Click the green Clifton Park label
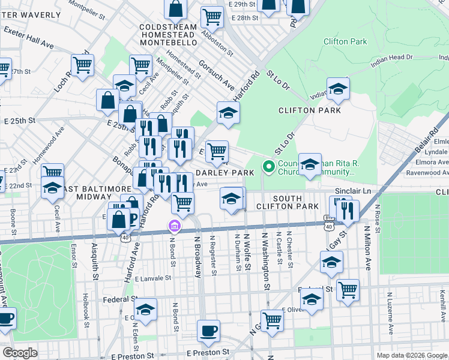345,41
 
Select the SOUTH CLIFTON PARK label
295,202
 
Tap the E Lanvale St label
153,278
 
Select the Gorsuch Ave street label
217,76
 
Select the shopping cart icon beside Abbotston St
212,18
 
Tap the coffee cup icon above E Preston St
209,331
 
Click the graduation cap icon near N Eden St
145,310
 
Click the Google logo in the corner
20,353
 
